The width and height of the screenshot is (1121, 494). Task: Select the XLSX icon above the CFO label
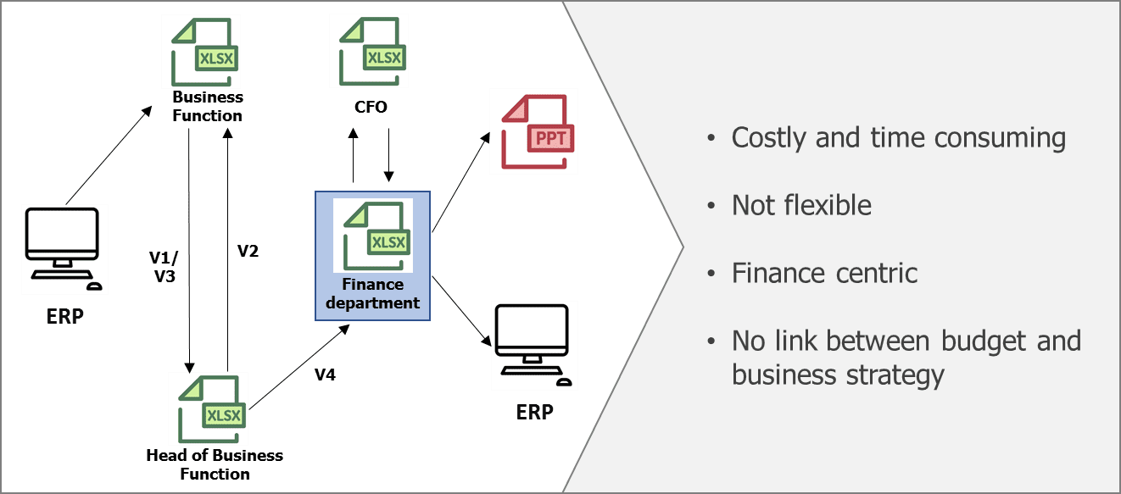click(371, 52)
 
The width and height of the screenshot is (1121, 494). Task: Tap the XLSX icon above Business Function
click(204, 52)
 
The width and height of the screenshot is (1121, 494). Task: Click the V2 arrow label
click(248, 251)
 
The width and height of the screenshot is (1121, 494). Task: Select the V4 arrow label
click(324, 374)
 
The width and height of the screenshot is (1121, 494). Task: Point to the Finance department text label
click(374, 294)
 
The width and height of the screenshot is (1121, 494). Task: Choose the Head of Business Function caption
click(215, 464)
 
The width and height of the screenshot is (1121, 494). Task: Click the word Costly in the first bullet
click(770, 137)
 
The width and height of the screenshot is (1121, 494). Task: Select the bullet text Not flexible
click(801, 205)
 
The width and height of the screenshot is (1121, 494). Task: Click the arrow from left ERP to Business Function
click(109, 155)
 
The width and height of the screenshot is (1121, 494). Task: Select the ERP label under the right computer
click(534, 413)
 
